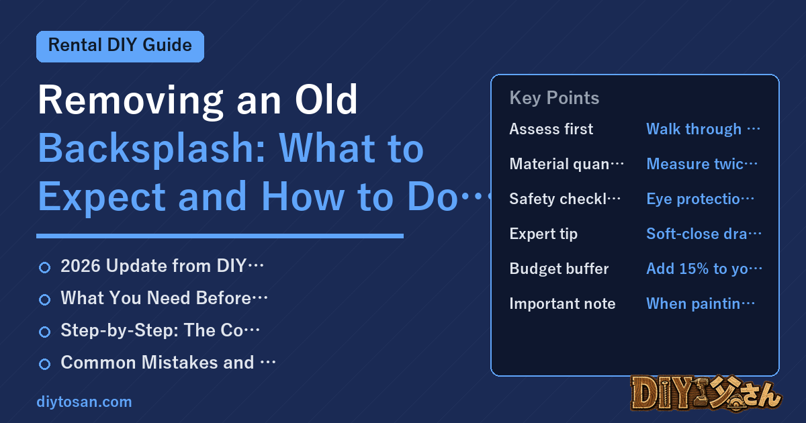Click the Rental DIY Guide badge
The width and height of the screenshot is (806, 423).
[x=120, y=46]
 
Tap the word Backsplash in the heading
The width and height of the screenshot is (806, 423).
[x=152, y=149]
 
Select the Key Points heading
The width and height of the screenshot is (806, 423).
[x=554, y=98]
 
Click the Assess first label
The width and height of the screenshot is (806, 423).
[x=551, y=129]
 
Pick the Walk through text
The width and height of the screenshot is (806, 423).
[x=694, y=129]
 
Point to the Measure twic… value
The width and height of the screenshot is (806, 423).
[x=702, y=164]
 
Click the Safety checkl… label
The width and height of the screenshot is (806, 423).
[x=565, y=199]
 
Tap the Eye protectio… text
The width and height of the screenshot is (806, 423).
[x=700, y=199]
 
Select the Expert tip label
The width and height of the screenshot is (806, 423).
[x=543, y=234]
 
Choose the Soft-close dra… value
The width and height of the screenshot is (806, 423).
[x=704, y=234]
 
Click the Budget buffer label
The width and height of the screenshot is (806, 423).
[x=559, y=269]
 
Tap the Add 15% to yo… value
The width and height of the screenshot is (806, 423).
[x=704, y=269]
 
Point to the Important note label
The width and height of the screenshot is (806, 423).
[x=562, y=303]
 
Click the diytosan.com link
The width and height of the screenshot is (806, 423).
[x=84, y=402]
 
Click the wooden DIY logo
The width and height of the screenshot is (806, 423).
[x=707, y=393]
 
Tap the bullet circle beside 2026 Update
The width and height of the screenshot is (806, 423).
[x=44, y=267]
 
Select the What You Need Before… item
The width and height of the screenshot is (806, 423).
[x=164, y=298]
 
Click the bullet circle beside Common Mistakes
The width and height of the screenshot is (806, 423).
[x=44, y=364]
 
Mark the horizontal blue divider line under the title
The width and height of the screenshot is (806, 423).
[x=220, y=236]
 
